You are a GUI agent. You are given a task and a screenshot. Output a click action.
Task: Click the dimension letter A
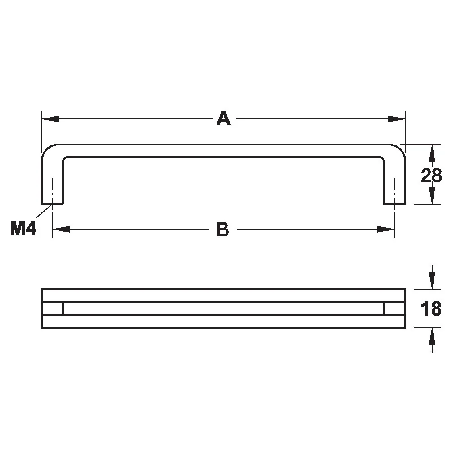(224, 119)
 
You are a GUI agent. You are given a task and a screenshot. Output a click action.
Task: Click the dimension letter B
(223, 230)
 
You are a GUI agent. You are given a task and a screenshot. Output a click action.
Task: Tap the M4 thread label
(23, 229)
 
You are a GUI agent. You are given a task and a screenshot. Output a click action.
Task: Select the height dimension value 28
(431, 175)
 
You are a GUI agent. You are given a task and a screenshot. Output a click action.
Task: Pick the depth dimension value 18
(431, 309)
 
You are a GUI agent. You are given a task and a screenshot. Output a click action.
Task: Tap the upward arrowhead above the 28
(432, 153)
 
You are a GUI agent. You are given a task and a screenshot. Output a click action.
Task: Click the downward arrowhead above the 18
(432, 280)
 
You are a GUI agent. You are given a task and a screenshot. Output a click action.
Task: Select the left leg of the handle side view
(52, 185)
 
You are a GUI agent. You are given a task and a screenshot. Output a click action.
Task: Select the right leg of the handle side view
(395, 185)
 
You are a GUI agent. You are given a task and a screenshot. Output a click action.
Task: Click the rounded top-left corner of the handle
(49, 151)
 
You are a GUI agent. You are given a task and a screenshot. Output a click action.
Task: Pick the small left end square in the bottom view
(52, 308)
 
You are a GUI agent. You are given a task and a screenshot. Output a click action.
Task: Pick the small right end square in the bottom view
(395, 308)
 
